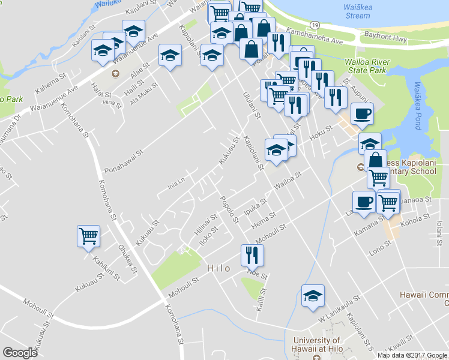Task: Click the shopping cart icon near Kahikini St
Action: click(88, 236)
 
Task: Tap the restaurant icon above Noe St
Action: click(250, 255)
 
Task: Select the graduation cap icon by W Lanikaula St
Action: click(313, 296)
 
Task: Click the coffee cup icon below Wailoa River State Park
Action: click(361, 113)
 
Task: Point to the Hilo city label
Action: click(218, 268)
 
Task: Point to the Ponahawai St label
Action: click(125, 155)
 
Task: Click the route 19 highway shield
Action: click(315, 24)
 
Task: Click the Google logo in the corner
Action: click(20, 352)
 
